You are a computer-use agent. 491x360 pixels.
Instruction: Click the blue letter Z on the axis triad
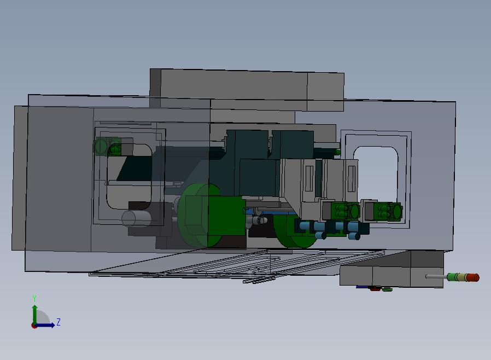[59, 322]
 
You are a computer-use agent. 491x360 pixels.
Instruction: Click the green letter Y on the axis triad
[34, 298]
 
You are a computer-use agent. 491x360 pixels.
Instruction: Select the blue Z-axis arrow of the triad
[45, 325]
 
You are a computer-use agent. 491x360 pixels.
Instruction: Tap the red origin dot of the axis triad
[34, 326]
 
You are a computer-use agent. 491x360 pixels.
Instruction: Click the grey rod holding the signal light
[436, 277]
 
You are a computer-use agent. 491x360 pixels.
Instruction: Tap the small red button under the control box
[375, 289]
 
